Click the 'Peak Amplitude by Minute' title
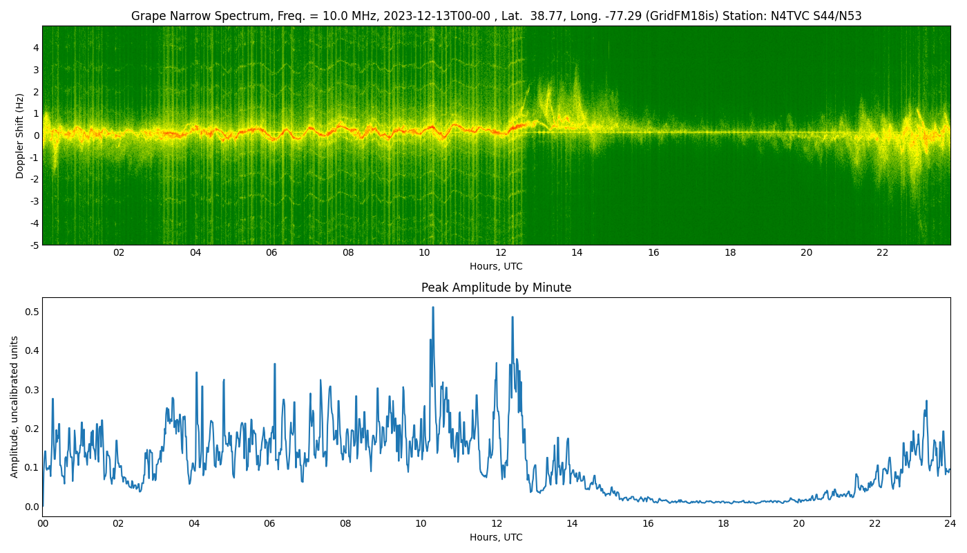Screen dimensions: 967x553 point(496,288)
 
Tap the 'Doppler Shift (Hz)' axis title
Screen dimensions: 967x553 point(19,135)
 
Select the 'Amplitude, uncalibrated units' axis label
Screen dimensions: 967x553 point(15,407)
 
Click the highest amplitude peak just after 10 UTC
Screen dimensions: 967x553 point(433,308)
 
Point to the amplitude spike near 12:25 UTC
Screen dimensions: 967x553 point(513,317)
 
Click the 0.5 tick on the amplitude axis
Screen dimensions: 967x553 point(32,312)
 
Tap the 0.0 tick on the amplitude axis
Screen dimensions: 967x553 point(32,507)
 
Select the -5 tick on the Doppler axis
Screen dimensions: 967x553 point(35,245)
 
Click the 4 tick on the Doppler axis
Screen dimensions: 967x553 point(36,48)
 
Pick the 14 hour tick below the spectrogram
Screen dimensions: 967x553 point(577,253)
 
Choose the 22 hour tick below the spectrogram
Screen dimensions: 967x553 point(883,253)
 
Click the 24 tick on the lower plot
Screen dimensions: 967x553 point(950,524)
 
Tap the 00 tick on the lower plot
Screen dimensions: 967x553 point(42,524)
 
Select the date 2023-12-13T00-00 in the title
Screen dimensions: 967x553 point(437,16)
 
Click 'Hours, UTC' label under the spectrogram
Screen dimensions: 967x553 point(496,267)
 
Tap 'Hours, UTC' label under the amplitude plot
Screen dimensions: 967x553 point(496,538)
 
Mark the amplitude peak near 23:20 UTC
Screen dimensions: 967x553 point(926,402)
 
